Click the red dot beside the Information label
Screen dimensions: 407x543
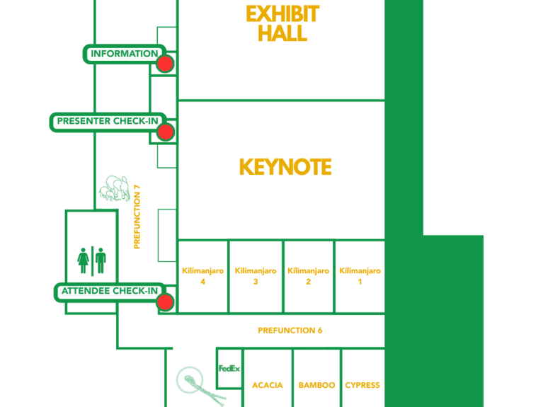coord(165,64)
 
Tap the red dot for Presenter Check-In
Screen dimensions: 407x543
coord(165,132)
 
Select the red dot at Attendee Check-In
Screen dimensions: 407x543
coord(165,302)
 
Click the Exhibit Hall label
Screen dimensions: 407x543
coord(282,23)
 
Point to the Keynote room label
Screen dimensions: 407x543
coord(285,167)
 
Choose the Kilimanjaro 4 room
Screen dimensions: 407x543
coord(202,276)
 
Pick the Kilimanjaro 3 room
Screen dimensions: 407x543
coord(256,276)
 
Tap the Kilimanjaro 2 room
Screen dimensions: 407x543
coord(308,276)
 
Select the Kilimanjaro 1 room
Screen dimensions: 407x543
coord(360,276)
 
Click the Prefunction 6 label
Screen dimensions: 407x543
coord(290,331)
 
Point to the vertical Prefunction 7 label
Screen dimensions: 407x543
coord(137,217)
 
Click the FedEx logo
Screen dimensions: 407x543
coord(229,368)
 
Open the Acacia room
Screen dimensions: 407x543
coord(268,385)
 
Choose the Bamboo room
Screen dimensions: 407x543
coord(316,385)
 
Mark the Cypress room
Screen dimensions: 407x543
coord(362,385)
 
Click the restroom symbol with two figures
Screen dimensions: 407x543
coord(91,260)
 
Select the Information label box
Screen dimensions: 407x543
coord(124,54)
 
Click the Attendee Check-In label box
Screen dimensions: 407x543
coord(109,291)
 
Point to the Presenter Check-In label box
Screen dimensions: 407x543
coord(107,121)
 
